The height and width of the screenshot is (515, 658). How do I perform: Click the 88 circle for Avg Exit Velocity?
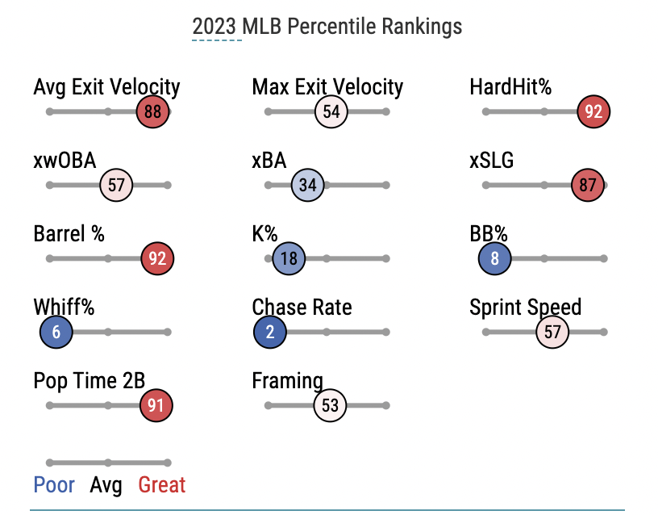[152, 112]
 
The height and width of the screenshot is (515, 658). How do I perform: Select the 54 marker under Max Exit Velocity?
[331, 112]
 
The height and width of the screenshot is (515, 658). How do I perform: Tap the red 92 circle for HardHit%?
[593, 112]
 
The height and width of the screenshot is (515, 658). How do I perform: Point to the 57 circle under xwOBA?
[116, 186]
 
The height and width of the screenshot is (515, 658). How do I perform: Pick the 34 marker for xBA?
[308, 186]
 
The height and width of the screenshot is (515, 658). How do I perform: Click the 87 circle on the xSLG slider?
[587, 186]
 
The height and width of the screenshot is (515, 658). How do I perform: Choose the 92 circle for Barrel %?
[157, 259]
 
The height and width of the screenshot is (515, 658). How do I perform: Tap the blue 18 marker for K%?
[289, 259]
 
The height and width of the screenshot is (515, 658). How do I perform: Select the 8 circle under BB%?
[494, 259]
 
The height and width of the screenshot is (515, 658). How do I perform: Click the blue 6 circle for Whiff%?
[56, 332]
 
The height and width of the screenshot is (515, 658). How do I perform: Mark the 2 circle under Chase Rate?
[269, 332]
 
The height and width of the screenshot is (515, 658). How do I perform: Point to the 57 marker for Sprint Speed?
[552, 332]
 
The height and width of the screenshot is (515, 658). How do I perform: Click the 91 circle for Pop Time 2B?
[156, 405]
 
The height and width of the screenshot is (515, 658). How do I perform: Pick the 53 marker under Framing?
[330, 405]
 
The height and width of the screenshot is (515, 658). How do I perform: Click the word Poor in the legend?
[54, 485]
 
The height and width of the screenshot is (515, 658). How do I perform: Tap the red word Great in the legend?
[162, 485]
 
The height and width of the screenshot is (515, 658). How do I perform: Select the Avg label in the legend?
[106, 485]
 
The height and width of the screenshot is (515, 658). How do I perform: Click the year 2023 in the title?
[216, 26]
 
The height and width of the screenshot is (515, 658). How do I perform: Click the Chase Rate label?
[302, 308]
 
